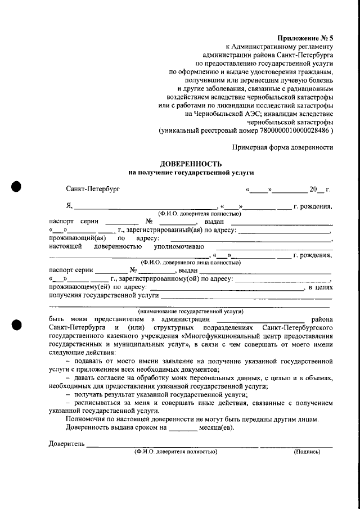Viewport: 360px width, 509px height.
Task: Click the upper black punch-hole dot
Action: pos(16,187)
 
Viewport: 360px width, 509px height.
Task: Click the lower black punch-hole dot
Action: pos(16,326)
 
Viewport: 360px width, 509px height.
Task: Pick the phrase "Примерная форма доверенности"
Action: pos(282,147)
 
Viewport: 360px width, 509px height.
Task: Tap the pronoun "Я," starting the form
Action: pos(69,207)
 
